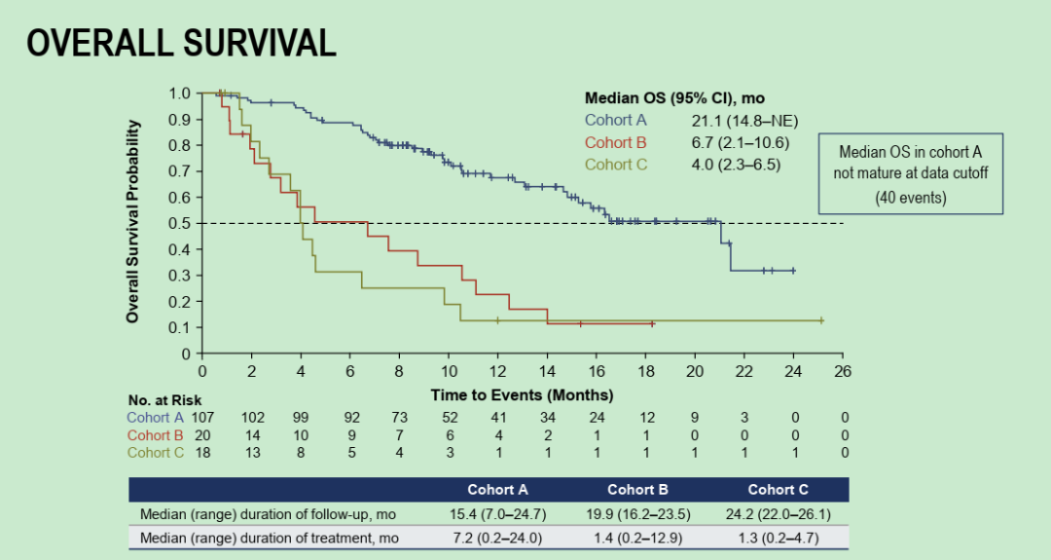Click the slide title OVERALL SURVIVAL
point(181,42)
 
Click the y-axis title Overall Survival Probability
point(133,222)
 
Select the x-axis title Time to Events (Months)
point(522,395)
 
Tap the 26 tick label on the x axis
point(843,371)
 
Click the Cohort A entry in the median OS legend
point(615,120)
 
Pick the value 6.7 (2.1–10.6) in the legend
point(739,142)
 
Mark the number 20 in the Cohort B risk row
point(201,435)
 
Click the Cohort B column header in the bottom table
point(637,490)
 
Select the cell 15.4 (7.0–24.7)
point(497,514)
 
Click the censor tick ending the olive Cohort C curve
point(822,319)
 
